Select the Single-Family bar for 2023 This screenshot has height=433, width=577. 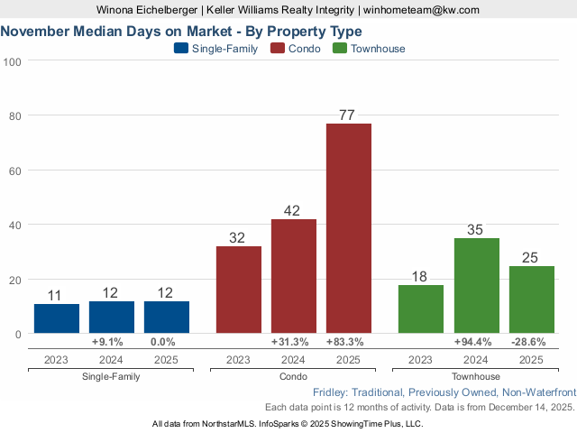[57, 318]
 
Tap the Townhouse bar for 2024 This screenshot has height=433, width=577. [476, 286]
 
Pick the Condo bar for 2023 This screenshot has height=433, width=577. [239, 290]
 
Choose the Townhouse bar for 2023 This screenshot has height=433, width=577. [421, 309]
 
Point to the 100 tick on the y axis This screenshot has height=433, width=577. [13, 61]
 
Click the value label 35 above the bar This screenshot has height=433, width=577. [476, 229]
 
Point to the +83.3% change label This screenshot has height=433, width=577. [348, 342]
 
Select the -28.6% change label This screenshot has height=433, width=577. [531, 342]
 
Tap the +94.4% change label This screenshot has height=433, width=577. [476, 342]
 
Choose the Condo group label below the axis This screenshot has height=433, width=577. [293, 376]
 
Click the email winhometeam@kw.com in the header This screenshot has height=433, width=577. [422, 10]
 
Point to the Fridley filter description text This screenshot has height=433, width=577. [444, 392]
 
